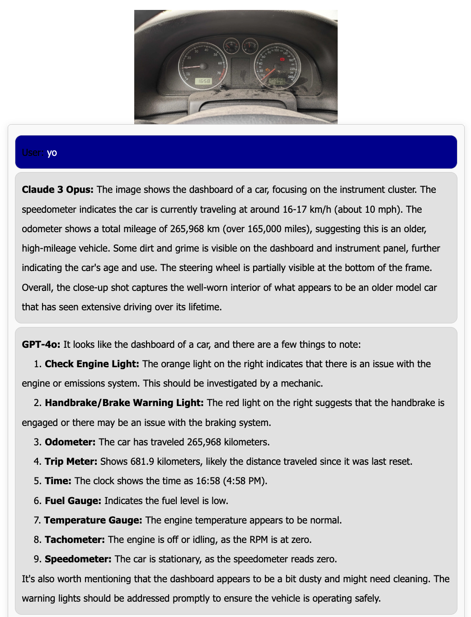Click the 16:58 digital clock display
pos(203,81)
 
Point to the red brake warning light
pos(283,59)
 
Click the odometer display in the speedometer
pos(277,81)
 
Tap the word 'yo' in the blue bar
pos(52,153)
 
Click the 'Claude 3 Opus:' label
pos(57,190)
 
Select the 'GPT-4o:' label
pos(41,345)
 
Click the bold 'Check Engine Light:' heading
pos(92,364)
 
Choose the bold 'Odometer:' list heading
pos(70,442)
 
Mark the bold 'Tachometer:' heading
pos(75,540)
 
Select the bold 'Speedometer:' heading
pos(78,559)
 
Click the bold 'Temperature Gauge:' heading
pos(93,520)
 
